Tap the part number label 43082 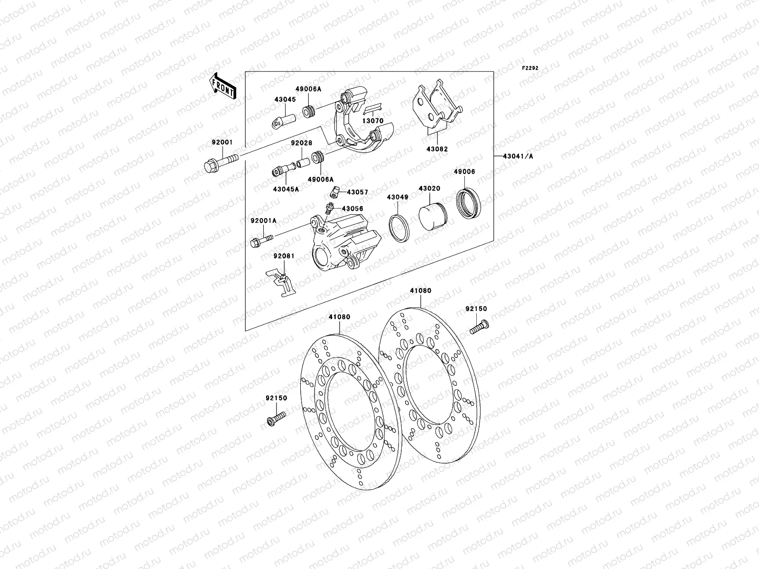click(436, 149)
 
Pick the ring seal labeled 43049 click(399, 228)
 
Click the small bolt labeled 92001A click(260, 240)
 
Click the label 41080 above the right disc click(420, 291)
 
